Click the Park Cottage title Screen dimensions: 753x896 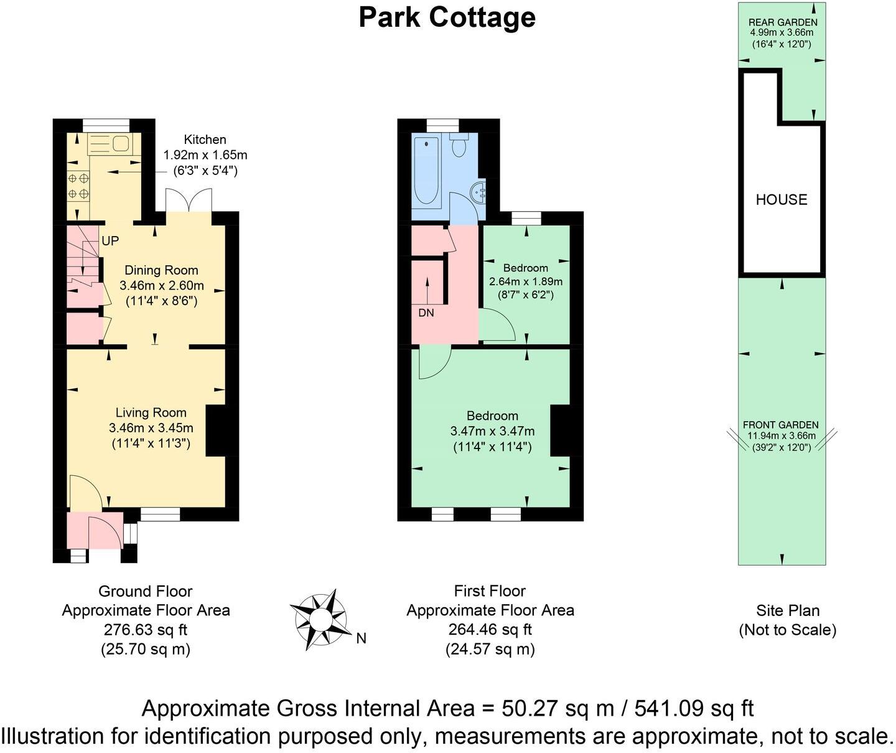[447, 17]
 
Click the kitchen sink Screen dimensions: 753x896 [110, 144]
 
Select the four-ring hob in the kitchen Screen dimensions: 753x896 [78, 186]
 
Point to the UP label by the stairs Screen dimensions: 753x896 [110, 241]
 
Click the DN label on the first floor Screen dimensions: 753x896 [426, 313]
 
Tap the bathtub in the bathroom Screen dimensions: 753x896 [426, 171]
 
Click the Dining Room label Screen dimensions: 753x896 [161, 270]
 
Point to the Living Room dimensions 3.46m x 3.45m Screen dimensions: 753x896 [151, 429]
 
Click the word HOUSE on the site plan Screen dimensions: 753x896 [782, 200]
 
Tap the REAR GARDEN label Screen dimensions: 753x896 [782, 23]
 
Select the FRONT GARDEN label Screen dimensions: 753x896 [781, 425]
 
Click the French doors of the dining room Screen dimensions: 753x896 [189, 201]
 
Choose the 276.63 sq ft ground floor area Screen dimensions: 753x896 [146, 630]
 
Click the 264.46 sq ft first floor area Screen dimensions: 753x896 [490, 630]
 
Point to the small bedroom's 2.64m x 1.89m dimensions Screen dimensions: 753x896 [526, 282]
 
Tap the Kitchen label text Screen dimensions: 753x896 [205, 140]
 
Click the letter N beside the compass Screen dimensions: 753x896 [361, 638]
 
